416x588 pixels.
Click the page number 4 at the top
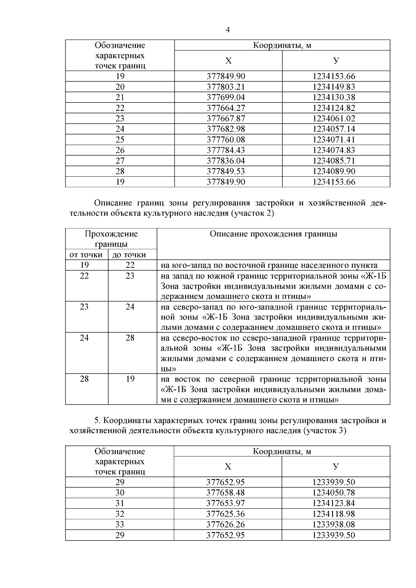(x=228, y=30)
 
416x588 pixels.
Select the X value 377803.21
(x=226, y=87)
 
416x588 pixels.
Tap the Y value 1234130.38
(x=334, y=97)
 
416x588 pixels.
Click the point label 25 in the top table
(x=120, y=140)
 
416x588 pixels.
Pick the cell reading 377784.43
(x=226, y=150)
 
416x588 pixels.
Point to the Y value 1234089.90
(x=334, y=172)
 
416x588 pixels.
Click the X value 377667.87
(x=226, y=119)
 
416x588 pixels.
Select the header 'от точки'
(x=86, y=255)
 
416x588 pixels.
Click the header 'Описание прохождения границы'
(x=273, y=234)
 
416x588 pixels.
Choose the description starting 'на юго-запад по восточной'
(x=269, y=265)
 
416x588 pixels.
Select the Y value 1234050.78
(x=333, y=493)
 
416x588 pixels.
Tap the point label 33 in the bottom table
(x=120, y=525)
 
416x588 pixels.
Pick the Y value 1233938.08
(x=333, y=525)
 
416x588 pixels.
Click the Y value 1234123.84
(x=333, y=503)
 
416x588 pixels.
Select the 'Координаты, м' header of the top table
(x=282, y=45)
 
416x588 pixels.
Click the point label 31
(x=120, y=503)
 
